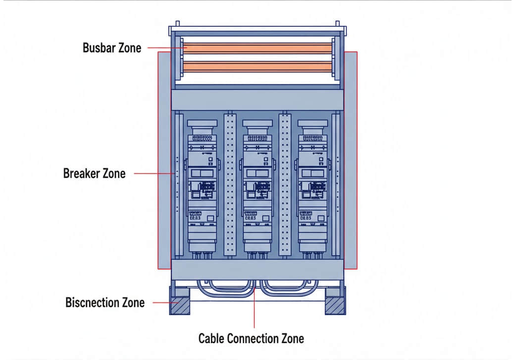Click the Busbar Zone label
[112, 48]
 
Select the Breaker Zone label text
[94, 174]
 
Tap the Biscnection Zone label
[105, 302]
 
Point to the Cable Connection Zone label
[251, 339]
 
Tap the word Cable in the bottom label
[212, 339]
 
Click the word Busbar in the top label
[98, 48]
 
